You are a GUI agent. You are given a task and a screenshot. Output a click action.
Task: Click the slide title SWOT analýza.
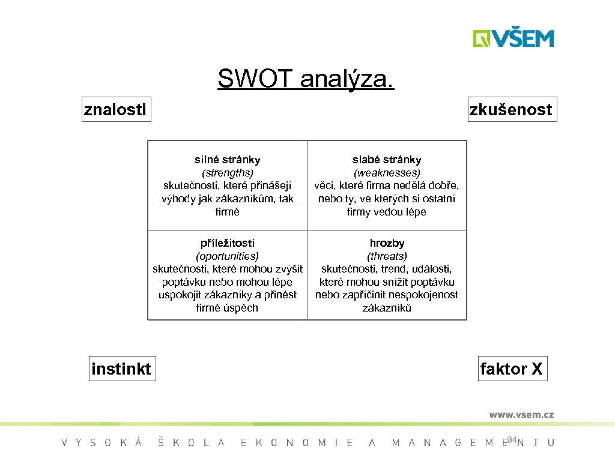coord(306,79)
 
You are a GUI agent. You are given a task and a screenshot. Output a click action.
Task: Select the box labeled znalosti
coord(115,109)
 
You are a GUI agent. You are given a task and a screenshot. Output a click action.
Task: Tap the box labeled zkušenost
coord(512,109)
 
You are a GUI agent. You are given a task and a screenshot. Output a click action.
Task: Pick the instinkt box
coord(121,369)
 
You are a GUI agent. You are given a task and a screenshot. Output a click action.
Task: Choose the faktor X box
coord(512,369)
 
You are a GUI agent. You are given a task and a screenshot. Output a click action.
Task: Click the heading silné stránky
coord(227,160)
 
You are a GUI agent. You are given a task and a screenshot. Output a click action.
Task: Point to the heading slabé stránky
coord(387,160)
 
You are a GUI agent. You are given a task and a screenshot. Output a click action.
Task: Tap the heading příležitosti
coord(227,243)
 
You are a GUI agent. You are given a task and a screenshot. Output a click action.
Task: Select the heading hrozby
coord(387,243)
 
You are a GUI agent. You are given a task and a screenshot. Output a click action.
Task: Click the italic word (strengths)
coord(227,173)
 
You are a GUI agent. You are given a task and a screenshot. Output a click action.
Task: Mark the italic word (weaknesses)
coord(387,173)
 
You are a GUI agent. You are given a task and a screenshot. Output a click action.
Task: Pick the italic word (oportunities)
coord(227,256)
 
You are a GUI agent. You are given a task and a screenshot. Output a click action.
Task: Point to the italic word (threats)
coord(387,256)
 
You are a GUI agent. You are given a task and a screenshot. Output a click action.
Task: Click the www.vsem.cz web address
coord(521,414)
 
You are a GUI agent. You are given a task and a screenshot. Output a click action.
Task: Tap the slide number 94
coord(512,441)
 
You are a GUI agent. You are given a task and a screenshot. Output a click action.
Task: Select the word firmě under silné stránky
coord(227,212)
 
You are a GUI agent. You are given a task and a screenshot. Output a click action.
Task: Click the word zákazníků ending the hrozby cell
coord(387,308)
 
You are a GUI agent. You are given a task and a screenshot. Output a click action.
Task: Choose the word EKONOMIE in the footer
coord(297,442)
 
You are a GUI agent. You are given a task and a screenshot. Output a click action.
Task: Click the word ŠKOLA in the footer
coord(191,442)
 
